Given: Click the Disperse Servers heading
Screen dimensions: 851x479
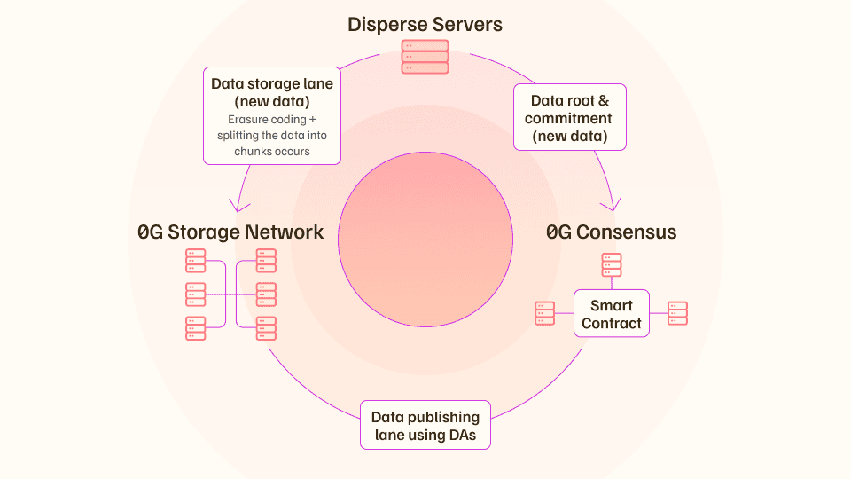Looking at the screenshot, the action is tap(425, 25).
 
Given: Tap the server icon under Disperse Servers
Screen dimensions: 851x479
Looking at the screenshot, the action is tap(425, 57).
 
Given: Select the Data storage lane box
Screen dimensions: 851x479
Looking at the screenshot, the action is tap(272, 115).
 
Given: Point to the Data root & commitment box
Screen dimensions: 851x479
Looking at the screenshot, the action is tap(570, 117).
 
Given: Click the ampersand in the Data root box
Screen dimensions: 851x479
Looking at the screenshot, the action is tap(604, 101).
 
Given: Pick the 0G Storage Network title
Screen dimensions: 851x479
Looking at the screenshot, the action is tap(230, 232).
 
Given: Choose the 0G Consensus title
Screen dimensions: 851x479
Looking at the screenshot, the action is tap(611, 232).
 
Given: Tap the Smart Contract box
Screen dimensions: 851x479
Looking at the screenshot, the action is tap(612, 313).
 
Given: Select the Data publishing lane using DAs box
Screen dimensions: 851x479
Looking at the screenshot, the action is tap(425, 425).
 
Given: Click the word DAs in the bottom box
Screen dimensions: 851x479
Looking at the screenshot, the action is tap(463, 435).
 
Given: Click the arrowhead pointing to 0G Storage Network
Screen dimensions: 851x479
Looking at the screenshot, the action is tap(238, 207).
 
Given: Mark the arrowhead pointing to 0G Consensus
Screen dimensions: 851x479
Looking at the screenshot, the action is tap(612, 206).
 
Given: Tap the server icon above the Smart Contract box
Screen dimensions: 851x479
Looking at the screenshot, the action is tap(612, 265).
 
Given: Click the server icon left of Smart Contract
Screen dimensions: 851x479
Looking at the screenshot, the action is tap(545, 313).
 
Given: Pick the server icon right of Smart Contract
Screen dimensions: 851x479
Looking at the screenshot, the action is tap(677, 313).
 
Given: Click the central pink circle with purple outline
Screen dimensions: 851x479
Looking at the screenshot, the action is tap(425, 239).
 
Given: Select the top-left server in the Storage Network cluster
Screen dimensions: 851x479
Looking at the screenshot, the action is tap(195, 261).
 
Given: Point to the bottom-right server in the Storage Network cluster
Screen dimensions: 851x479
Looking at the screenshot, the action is tap(266, 328).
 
